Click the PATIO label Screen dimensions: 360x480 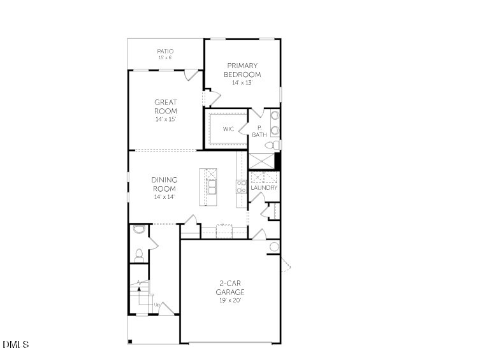click(165, 51)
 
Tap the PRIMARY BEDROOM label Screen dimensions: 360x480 click(242, 69)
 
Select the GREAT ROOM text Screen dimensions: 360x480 click(166, 106)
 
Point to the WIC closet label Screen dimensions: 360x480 click(228, 129)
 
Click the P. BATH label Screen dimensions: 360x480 click(259, 131)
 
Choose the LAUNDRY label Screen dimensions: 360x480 click(263, 188)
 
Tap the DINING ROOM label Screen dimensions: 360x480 click(164, 184)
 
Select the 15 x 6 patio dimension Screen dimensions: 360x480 click(165, 58)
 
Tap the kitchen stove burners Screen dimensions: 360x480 click(242, 186)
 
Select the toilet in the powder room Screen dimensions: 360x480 click(138, 255)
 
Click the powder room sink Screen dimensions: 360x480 click(139, 229)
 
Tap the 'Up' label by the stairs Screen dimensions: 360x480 click(157, 305)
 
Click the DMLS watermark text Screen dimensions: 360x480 click(16, 345)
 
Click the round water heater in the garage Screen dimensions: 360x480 click(275, 247)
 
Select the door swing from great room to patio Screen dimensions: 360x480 click(189, 75)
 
